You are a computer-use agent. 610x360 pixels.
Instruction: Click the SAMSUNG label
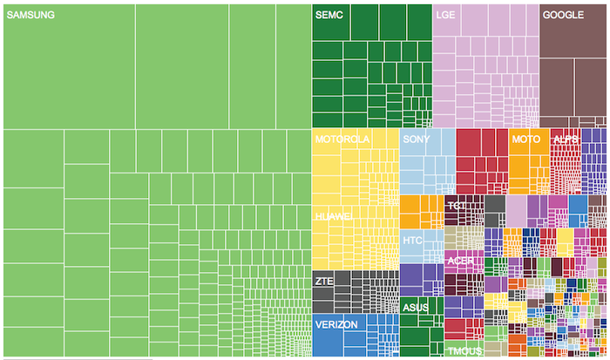pyautogui.click(x=30, y=16)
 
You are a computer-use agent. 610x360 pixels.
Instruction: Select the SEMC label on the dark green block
pyautogui.click(x=330, y=16)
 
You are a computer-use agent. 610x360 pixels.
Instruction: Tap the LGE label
pyautogui.click(x=445, y=16)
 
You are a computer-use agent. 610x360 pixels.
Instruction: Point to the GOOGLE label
pyautogui.click(x=563, y=16)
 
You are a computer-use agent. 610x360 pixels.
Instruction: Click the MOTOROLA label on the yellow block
pyautogui.click(x=342, y=139)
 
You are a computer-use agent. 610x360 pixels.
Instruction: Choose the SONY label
pyautogui.click(x=417, y=139)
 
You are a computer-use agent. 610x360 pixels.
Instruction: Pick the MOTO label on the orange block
pyautogui.click(x=525, y=139)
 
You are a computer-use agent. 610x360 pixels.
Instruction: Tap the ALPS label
pyautogui.click(x=566, y=139)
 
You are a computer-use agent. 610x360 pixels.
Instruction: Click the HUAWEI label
pyautogui.click(x=334, y=215)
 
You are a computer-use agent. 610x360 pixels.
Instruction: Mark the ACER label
pyautogui.click(x=460, y=261)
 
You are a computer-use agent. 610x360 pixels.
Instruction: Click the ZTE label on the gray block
pyautogui.click(x=324, y=282)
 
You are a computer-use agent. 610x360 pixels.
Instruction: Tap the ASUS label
pyautogui.click(x=415, y=308)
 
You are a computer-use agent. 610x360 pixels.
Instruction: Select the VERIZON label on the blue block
pyautogui.click(x=336, y=324)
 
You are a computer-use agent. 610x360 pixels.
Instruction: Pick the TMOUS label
pyautogui.click(x=464, y=351)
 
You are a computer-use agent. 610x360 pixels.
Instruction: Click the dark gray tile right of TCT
pyautogui.click(x=495, y=210)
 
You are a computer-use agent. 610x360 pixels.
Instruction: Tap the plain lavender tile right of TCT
pyautogui.click(x=517, y=210)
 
